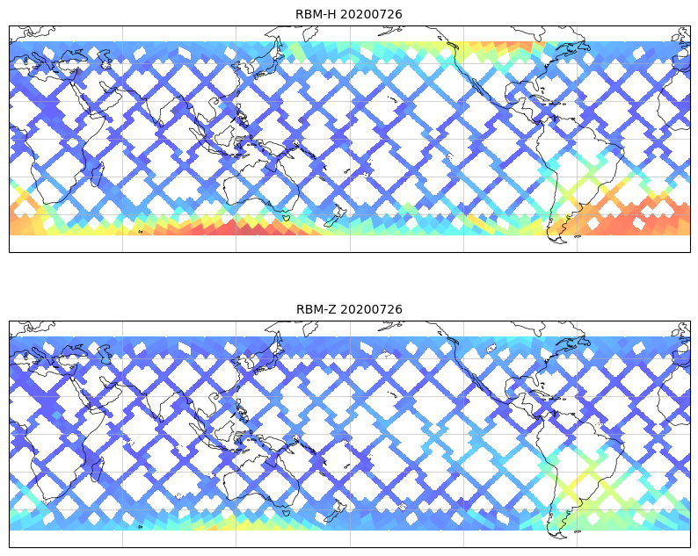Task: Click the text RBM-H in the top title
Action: [x=315, y=14]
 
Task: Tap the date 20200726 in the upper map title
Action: [x=370, y=14]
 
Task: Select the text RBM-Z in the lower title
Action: [x=315, y=309]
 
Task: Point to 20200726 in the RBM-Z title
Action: [x=370, y=309]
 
